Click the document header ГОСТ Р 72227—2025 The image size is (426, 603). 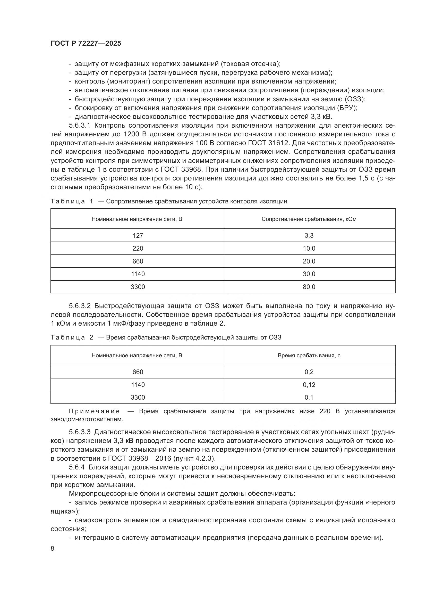tap(86, 44)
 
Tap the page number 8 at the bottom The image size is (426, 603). tap(53, 548)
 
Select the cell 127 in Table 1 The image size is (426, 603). tap(138, 236)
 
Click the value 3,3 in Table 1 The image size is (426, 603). tap(309, 236)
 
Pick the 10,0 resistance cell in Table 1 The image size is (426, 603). tap(309, 249)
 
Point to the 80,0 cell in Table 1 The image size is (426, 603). tap(309, 287)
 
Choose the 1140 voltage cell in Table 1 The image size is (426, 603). tap(138, 274)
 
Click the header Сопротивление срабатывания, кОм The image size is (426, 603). tap(309, 219)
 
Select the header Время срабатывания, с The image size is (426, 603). tap(309, 356)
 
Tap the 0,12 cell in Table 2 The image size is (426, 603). tap(309, 385)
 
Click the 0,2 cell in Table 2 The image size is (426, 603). tap(309, 372)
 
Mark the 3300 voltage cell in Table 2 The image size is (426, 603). tap(138, 397)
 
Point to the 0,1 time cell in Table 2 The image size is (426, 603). tap(309, 397)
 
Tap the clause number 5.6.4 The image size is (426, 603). tap(77, 467)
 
